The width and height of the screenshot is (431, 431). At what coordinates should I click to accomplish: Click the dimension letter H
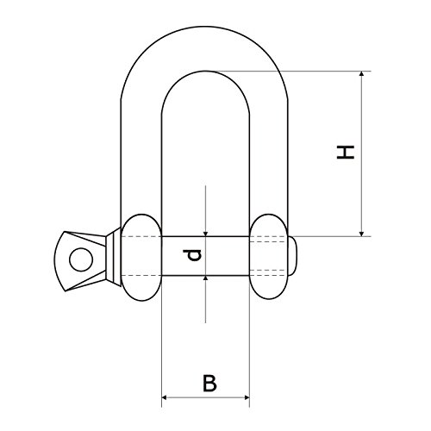(x=346, y=153)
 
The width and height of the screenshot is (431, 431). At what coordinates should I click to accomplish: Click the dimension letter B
(x=209, y=383)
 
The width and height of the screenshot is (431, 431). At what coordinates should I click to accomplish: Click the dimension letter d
(x=192, y=255)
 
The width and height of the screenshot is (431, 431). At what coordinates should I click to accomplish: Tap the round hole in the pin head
(x=81, y=259)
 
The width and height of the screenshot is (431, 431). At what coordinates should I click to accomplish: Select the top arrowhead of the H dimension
(x=362, y=73)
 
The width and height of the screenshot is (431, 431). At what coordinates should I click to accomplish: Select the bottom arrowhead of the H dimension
(x=362, y=234)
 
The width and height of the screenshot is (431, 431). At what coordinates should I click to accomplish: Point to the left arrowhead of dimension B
(x=165, y=397)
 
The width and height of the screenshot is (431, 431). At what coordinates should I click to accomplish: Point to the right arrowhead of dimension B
(x=247, y=397)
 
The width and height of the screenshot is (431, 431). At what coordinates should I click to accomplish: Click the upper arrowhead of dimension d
(x=205, y=234)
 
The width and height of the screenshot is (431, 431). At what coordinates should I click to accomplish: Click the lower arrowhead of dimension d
(x=205, y=278)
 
